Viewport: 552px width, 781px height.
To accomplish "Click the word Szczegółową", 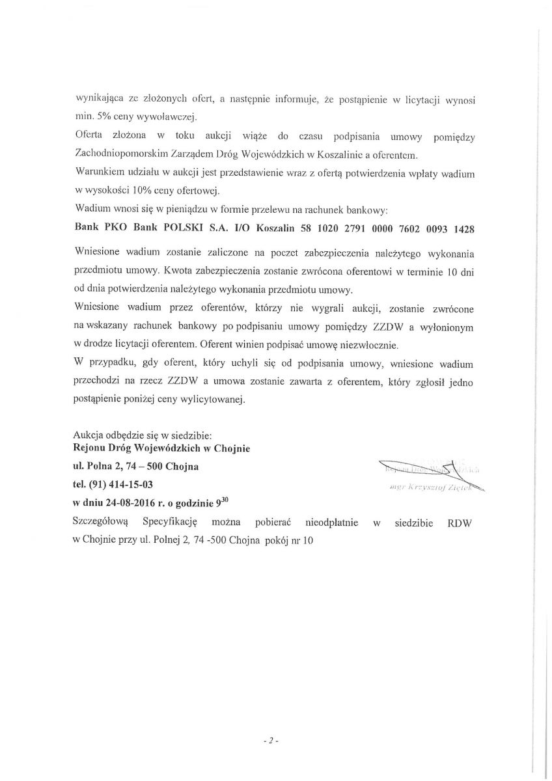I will point(102,522).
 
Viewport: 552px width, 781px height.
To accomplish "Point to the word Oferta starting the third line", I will point(90,137).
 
